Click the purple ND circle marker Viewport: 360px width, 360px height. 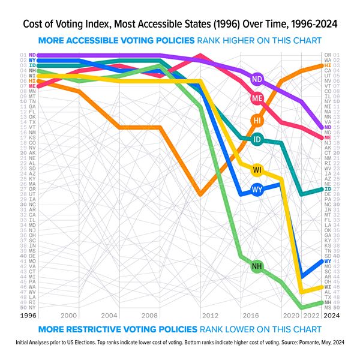point(257,79)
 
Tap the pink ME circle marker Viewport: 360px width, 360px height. point(257,98)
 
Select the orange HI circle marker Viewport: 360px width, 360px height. point(257,120)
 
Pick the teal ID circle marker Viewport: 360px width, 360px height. point(257,139)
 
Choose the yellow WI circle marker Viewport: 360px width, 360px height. point(257,170)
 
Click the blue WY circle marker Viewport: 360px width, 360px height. point(257,190)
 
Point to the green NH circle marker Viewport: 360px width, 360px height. point(257,266)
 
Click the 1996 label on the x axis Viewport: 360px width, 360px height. point(28,316)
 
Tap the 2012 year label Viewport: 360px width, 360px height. point(210,316)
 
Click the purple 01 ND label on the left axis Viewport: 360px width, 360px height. point(28,55)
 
